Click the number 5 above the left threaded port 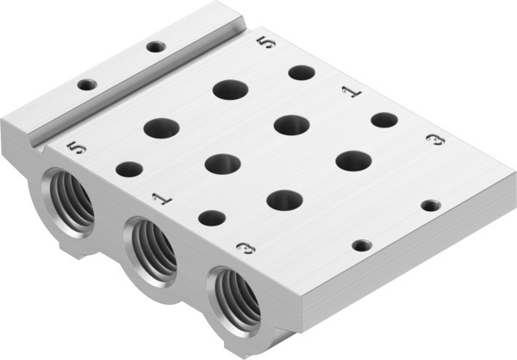(78, 148)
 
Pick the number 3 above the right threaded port (246, 249)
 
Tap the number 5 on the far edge (270, 42)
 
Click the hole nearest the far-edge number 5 (301, 72)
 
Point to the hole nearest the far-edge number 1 (383, 120)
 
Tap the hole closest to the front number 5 (128, 170)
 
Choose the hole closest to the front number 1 (210, 219)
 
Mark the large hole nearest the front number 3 (283, 200)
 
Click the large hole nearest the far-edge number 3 (353, 161)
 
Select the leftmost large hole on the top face (161, 129)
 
